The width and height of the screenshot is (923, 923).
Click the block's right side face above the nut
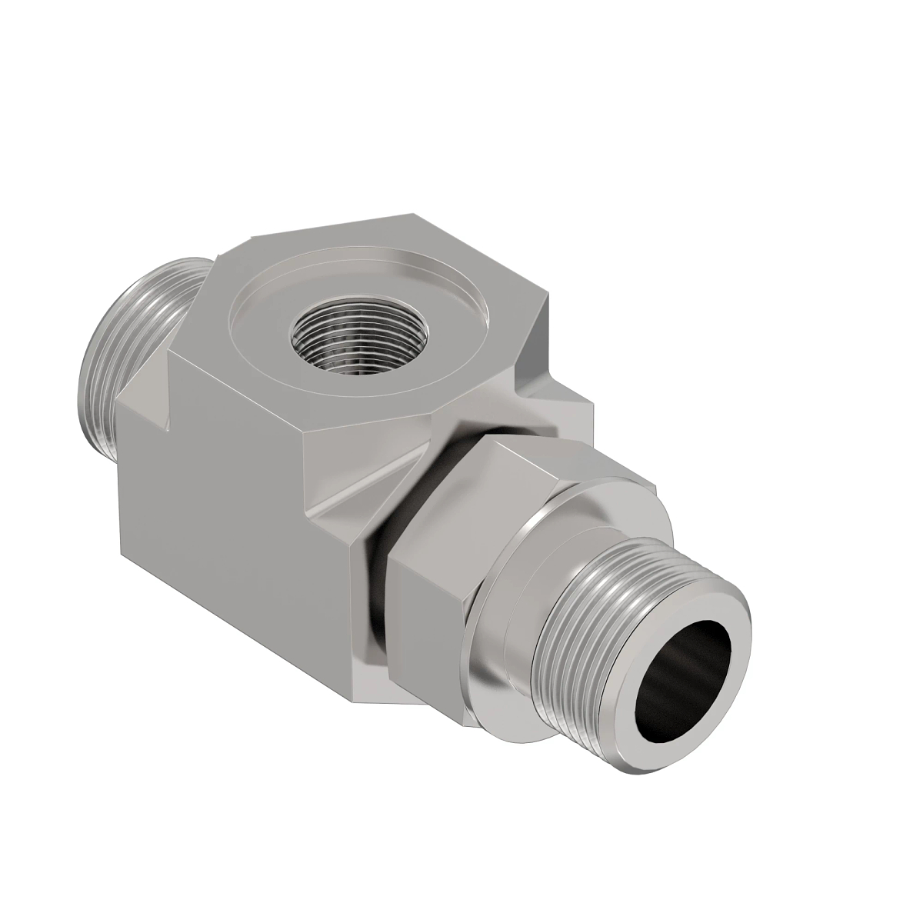click(569, 415)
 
